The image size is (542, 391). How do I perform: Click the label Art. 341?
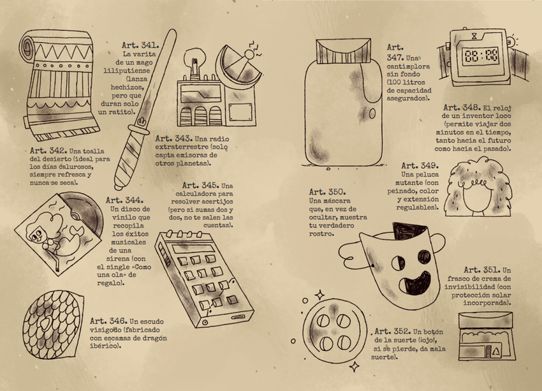(140, 45)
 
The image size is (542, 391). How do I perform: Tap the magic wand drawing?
(145, 110)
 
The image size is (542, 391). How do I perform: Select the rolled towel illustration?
(58, 85)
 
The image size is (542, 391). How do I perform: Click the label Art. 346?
(108, 321)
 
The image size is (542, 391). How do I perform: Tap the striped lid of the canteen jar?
(343, 52)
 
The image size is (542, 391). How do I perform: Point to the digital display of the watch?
(481, 56)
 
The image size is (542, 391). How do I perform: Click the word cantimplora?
(408, 66)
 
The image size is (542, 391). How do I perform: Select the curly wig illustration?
(479, 187)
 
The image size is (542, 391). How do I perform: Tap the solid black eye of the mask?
(425, 256)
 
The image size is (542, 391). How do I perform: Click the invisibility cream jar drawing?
(487, 336)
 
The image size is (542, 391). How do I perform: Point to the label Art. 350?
(327, 192)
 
